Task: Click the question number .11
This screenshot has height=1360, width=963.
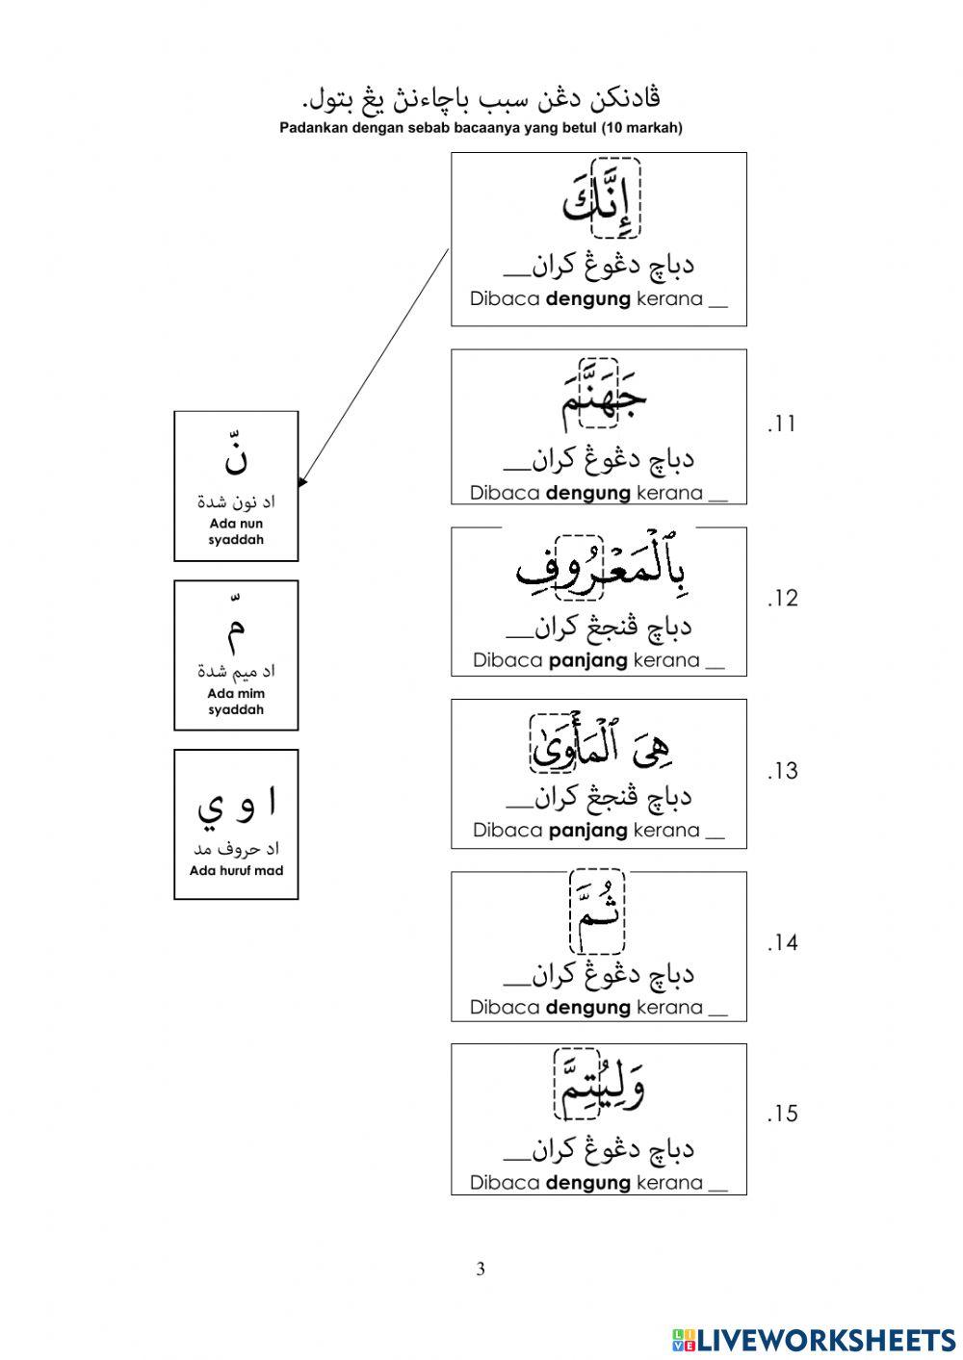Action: [x=781, y=423]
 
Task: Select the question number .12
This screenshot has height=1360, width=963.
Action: [x=782, y=599]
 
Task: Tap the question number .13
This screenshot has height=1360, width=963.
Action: [x=782, y=771]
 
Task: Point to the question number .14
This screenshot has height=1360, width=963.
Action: [x=782, y=943]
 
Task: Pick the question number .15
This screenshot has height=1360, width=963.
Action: [x=782, y=1115]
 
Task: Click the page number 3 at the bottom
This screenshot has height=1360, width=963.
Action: [x=481, y=1269]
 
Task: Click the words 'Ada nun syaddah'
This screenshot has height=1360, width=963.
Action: [x=236, y=531]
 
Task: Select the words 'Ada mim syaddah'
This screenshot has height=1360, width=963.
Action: [x=236, y=702]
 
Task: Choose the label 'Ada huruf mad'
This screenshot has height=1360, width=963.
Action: [x=236, y=871]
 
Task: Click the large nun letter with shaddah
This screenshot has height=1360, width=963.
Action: [x=236, y=456]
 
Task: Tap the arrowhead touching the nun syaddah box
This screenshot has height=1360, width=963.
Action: [x=302, y=481]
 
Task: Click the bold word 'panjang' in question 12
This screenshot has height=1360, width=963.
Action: [x=588, y=660]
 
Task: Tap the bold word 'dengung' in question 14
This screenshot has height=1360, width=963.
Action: [x=588, y=1008]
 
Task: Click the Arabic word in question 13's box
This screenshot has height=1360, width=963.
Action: [x=603, y=745]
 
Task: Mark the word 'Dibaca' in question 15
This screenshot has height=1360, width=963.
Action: [x=505, y=1183]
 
